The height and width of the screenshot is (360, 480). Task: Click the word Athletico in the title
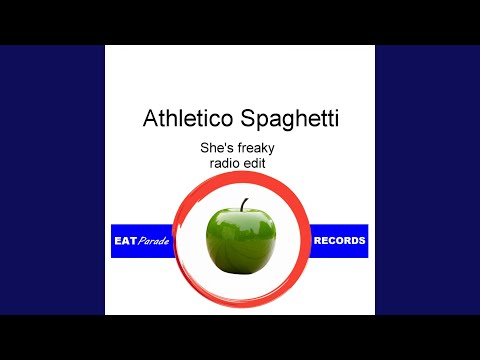tap(188, 118)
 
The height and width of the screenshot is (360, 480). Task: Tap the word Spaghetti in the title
tap(290, 119)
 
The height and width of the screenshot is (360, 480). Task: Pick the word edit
tap(255, 163)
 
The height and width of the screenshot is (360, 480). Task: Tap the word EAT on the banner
tap(125, 241)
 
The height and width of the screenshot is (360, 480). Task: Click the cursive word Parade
tap(153, 241)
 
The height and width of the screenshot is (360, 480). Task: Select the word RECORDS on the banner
tap(339, 241)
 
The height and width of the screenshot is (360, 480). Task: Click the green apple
tap(241, 240)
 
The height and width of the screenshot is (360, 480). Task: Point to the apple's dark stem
tap(244, 205)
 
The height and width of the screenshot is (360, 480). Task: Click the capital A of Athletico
tap(150, 118)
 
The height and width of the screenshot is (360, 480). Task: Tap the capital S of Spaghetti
tap(248, 118)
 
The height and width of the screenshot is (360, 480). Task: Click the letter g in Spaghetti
tap(287, 121)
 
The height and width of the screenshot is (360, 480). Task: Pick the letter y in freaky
tap(271, 150)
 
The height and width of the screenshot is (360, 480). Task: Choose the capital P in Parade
tap(142, 241)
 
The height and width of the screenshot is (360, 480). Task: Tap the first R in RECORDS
tap(317, 241)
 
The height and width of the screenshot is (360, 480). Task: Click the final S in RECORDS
tap(362, 241)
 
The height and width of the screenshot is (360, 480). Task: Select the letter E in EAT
tap(118, 241)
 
